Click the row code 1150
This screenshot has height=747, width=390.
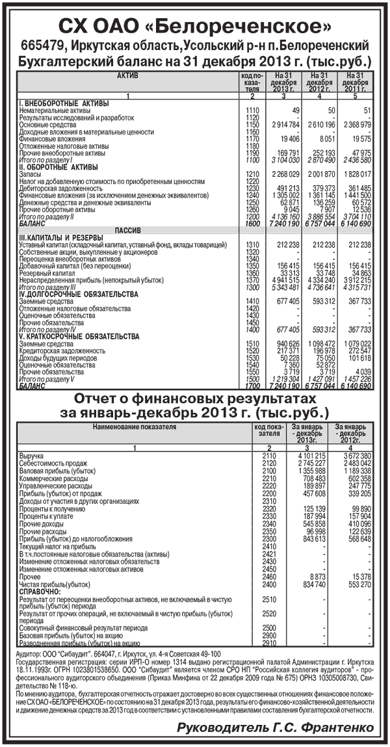pos(253,124)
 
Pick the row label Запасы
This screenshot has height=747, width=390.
pos(31,173)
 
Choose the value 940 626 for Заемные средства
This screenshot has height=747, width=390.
pos(284,343)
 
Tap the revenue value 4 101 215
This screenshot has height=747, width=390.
pos(304,456)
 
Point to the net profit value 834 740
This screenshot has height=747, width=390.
pos(305,584)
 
